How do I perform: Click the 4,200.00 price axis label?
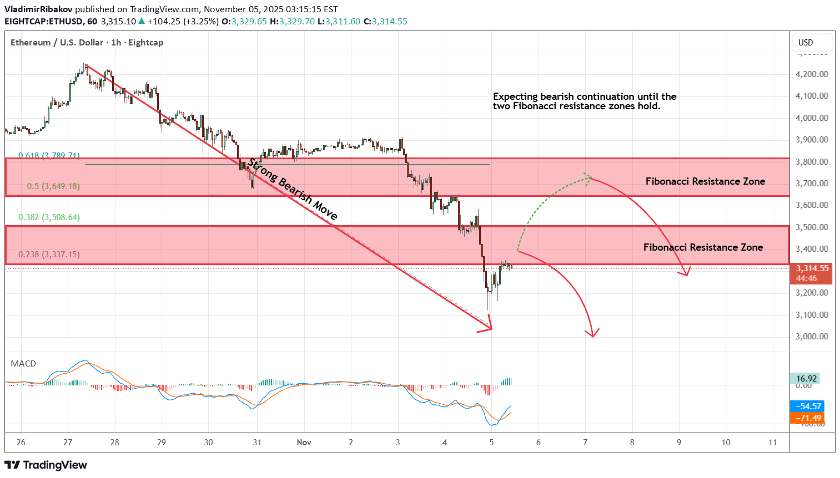tap(812, 74)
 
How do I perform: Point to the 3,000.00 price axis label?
tap(812, 337)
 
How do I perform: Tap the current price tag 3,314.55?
tap(812, 268)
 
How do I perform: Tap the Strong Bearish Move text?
tap(293, 189)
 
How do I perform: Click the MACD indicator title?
tap(23, 364)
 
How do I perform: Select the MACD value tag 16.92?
tap(806, 379)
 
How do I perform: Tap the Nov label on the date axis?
tap(304, 443)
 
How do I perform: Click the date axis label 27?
tap(68, 443)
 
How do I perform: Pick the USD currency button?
tap(806, 43)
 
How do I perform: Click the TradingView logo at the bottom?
tap(46, 465)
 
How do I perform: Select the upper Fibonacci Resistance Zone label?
tap(705, 181)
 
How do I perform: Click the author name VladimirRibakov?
tap(38, 9)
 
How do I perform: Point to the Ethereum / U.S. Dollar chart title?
tap(57, 43)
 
